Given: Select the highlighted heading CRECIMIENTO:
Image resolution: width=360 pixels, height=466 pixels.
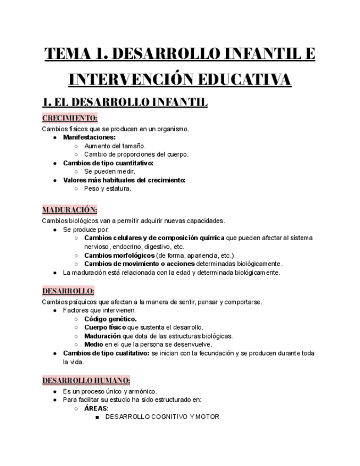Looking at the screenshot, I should (x=70, y=118).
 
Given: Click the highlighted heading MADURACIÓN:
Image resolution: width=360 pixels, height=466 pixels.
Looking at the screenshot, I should (x=70, y=209).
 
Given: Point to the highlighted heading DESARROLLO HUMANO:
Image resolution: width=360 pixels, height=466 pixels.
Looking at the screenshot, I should (x=86, y=380).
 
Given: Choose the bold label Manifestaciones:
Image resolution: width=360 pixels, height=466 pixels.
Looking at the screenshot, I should (x=89, y=137).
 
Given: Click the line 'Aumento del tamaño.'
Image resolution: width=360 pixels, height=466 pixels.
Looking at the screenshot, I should (x=115, y=146).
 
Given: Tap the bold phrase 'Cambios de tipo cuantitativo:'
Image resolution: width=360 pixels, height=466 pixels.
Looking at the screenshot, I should (x=108, y=163).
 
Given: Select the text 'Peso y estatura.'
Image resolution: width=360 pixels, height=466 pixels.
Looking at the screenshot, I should (x=108, y=188).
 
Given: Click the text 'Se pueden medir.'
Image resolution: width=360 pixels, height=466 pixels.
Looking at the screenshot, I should (x=110, y=171).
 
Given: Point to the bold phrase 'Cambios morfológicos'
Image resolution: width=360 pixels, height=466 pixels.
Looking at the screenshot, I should (x=119, y=255).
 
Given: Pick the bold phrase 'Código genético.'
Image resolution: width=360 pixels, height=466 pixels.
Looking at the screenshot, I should (x=110, y=319).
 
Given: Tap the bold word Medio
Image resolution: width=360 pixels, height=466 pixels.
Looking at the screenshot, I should (x=93, y=344).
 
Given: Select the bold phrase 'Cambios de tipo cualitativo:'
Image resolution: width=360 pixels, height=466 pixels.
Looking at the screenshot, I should (x=106, y=353).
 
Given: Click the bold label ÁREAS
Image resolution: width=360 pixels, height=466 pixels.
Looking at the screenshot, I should (x=96, y=408).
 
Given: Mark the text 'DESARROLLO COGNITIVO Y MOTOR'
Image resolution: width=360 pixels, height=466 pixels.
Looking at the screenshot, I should (x=162, y=417).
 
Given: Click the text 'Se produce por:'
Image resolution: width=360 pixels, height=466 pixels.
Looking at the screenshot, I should (x=86, y=229).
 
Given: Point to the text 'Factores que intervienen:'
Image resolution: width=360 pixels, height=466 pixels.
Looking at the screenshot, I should (x=99, y=310).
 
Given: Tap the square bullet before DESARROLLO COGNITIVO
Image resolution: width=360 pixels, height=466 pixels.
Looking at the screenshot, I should (x=97, y=417).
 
